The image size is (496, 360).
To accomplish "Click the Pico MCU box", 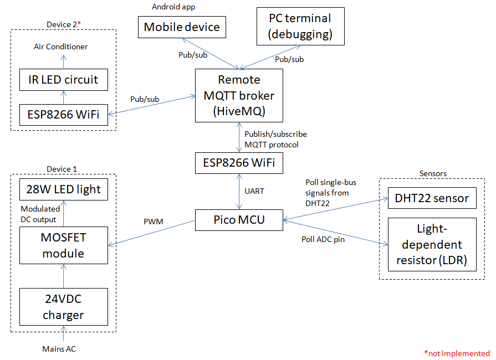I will [239, 219].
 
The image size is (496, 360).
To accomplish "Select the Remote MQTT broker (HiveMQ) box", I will [239, 95].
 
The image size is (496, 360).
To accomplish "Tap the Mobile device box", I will [182, 27].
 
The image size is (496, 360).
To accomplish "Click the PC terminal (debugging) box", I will [300, 26].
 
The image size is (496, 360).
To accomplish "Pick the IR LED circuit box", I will [63, 80].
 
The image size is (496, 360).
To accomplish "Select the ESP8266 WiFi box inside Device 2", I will [63, 115].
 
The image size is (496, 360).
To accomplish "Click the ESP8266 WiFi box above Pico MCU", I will [239, 163].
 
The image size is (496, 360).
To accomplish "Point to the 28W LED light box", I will [63, 189].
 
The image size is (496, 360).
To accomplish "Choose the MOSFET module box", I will [63, 245].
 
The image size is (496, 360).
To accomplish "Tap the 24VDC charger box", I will [63, 307].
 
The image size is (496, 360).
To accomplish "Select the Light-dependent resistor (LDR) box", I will [432, 244].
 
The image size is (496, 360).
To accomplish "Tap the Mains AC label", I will [59, 349].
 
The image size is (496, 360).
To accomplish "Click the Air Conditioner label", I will [60, 47].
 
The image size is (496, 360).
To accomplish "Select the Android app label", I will [173, 7].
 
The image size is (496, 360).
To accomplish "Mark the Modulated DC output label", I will [40, 214].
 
